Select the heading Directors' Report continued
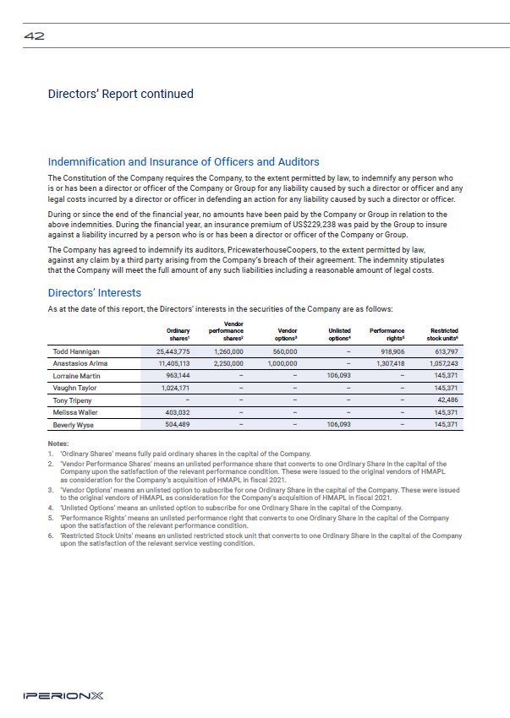[121, 94]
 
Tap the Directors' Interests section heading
[95, 292]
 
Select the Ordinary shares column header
[178, 335]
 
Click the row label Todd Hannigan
[75, 351]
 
